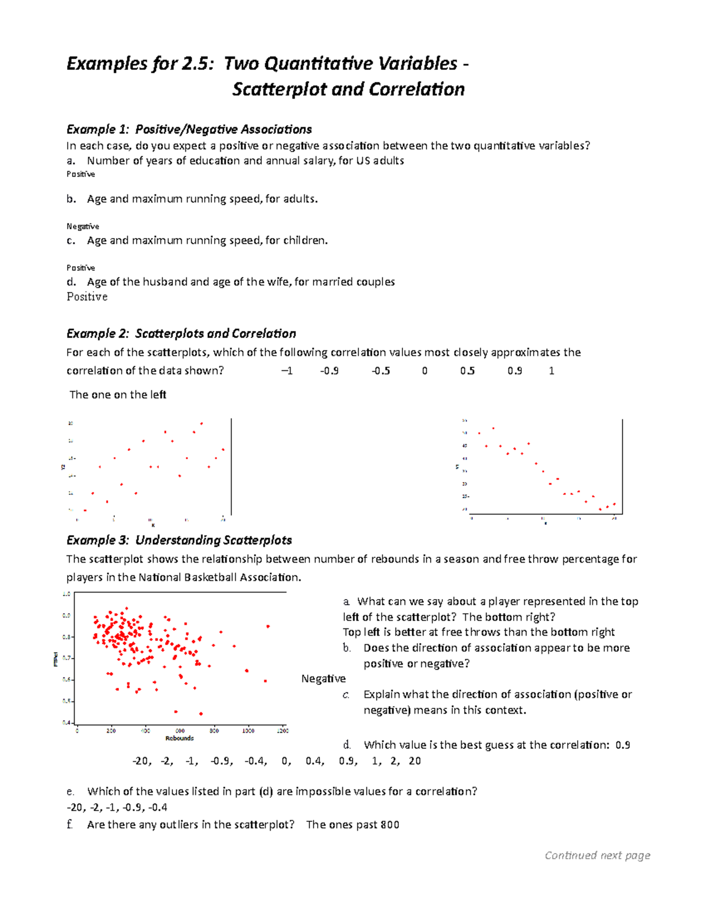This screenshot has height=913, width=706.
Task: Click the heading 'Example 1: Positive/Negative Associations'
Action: click(189, 129)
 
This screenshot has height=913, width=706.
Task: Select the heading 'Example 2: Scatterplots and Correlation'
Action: click(181, 334)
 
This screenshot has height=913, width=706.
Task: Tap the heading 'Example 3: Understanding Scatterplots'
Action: click(179, 540)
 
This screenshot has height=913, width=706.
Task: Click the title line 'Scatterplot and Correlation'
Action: click(348, 89)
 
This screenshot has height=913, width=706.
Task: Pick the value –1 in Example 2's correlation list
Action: click(287, 371)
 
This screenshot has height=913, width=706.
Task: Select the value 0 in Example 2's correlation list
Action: click(424, 371)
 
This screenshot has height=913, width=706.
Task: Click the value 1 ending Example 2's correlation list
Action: click(551, 371)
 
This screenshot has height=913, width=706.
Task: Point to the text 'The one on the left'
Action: click(118, 395)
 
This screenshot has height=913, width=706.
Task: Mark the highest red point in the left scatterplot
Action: click(201, 423)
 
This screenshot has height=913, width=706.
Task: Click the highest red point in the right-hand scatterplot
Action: click(493, 428)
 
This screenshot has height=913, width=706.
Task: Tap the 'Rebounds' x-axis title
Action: click(179, 738)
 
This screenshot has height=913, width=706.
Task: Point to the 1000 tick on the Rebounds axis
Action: click(248, 731)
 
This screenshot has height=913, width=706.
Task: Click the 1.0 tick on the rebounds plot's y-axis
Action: click(66, 594)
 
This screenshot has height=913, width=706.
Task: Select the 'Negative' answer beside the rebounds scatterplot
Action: click(323, 679)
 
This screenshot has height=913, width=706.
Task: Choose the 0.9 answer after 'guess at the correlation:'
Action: click(622, 745)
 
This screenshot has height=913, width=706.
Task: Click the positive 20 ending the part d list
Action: click(414, 761)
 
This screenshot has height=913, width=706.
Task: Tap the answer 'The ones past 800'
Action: click(352, 825)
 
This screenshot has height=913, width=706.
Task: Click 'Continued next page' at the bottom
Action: click(597, 855)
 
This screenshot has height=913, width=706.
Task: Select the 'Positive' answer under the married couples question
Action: click(87, 297)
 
